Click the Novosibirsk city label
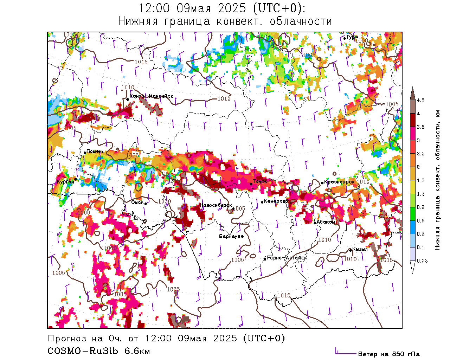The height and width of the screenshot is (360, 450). [216, 205]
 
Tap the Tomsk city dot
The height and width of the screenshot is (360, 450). [251, 184]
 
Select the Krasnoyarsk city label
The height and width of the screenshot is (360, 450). [339, 182]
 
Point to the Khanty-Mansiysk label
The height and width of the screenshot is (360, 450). [151, 96]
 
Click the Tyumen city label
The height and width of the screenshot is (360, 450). [95, 152]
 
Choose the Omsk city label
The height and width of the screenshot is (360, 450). [137, 202]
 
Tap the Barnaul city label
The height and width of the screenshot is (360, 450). [229, 236]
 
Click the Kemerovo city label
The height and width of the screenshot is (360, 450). [276, 201]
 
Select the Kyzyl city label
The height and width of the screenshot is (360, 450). [360, 249]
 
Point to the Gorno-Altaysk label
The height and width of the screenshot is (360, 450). [287, 258]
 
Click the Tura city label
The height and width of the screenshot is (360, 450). [352, 37]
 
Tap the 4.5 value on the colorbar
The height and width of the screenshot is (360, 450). [420, 101]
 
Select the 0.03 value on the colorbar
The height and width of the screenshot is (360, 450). [422, 261]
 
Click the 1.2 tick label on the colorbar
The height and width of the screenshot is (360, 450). [420, 194]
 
